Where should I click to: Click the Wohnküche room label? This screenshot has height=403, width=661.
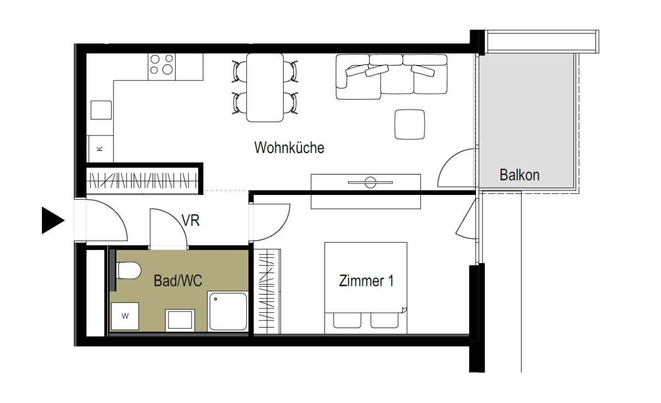[x=289, y=148]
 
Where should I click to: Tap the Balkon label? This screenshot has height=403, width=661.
[x=519, y=175]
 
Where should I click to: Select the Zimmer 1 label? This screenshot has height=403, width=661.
[x=366, y=281]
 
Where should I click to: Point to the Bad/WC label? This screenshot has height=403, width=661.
[x=178, y=281]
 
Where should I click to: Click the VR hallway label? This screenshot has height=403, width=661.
[x=191, y=220]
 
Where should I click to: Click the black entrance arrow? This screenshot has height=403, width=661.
[x=53, y=220]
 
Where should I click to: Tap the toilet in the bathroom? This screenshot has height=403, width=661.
[x=129, y=270]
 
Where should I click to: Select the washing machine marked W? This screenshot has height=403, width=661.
[x=125, y=316]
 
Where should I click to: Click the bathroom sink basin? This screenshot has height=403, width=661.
[x=180, y=320]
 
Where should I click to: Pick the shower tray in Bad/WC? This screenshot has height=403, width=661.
[x=228, y=311]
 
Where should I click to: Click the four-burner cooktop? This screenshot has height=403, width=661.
[x=162, y=67]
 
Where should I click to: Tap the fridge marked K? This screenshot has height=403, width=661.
[x=101, y=149]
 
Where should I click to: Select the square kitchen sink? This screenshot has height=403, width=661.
[x=101, y=110]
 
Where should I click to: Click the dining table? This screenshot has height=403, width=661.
[x=265, y=88]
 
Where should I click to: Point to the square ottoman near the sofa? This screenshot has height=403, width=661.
[x=410, y=124]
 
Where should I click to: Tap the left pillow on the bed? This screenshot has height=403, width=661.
[x=348, y=320]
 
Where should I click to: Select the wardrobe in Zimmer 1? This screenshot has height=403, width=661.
[x=267, y=291]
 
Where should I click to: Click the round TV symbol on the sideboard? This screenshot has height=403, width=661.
[x=370, y=182]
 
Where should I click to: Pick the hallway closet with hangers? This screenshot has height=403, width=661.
[x=143, y=181]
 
